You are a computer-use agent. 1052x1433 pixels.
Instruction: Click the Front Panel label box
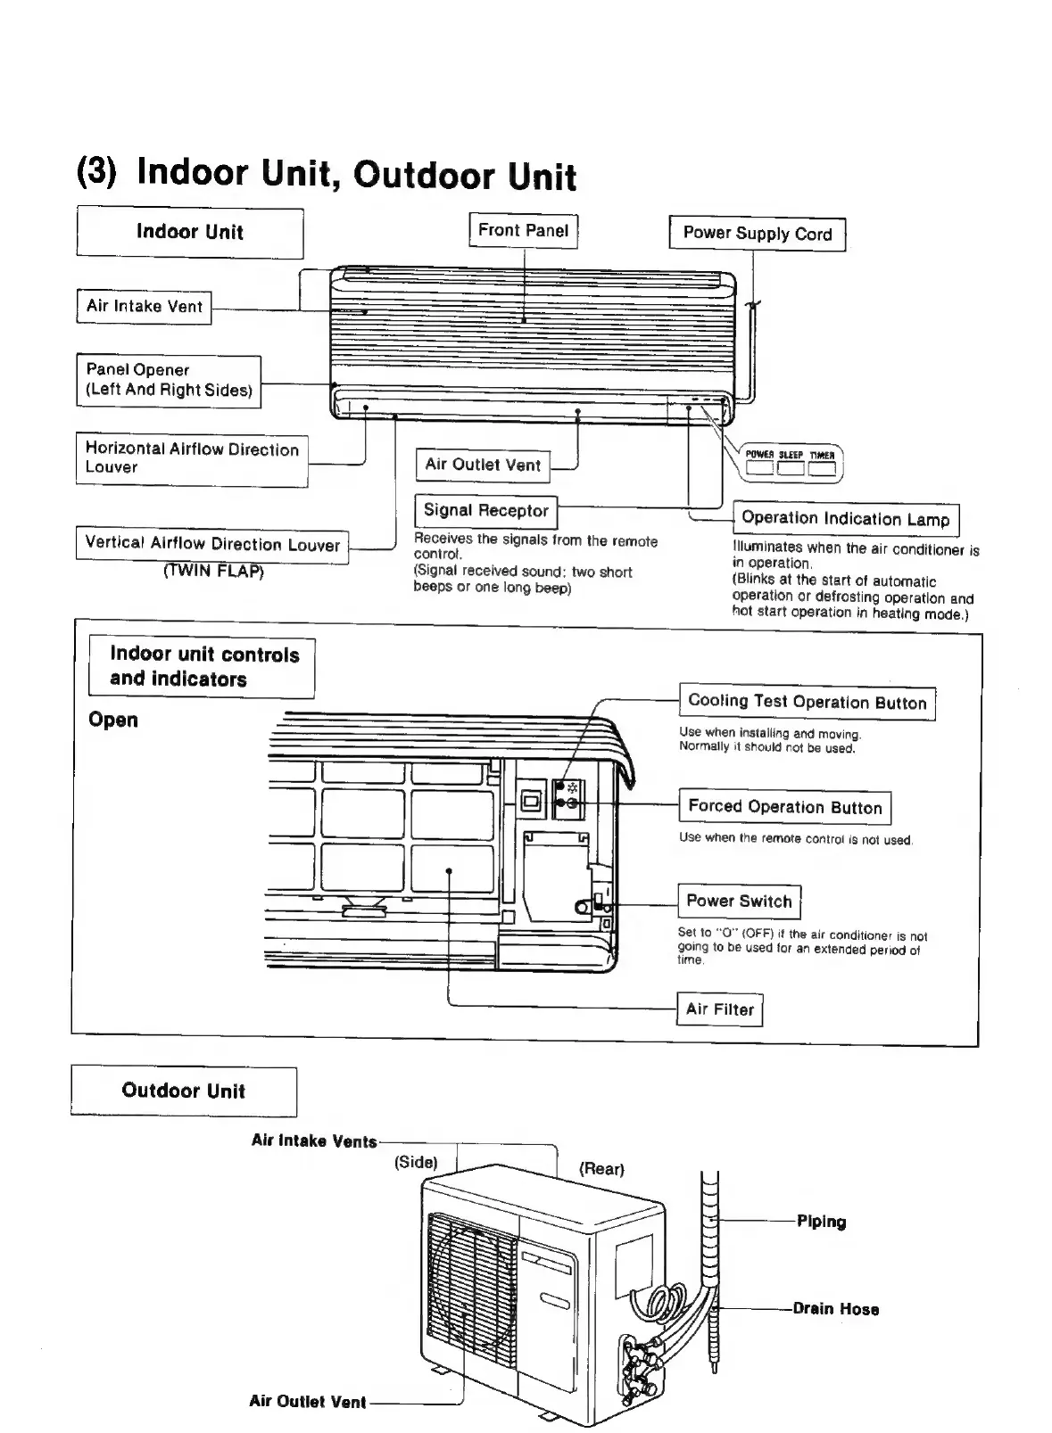(523, 231)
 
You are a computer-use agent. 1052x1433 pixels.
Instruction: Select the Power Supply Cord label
(757, 234)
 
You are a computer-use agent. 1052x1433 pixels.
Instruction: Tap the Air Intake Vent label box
(144, 307)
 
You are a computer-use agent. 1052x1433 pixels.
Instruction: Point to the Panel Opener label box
(169, 380)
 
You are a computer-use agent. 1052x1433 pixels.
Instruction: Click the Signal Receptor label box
(485, 511)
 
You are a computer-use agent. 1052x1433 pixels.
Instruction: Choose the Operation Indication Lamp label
(845, 519)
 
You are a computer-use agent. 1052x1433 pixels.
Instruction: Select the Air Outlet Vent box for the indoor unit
(483, 465)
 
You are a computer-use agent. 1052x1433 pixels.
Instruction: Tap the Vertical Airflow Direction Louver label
(212, 544)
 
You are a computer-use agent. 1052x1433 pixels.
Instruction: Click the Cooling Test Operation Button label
(807, 702)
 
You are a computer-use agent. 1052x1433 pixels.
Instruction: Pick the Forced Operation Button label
(784, 807)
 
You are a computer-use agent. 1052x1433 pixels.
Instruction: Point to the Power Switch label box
(739, 901)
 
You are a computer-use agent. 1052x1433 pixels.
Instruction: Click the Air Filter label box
(719, 1009)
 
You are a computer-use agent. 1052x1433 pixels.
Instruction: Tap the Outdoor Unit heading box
(183, 1091)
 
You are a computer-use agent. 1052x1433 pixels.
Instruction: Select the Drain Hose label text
(836, 1309)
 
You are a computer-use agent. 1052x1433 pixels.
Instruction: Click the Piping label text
(821, 1222)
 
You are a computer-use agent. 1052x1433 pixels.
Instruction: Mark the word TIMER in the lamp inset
(822, 455)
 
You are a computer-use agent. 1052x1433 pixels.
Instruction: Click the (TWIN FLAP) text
(213, 571)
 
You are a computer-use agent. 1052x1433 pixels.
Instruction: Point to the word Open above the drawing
(113, 720)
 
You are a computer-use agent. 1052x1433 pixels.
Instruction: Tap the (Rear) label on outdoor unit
(601, 1168)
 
